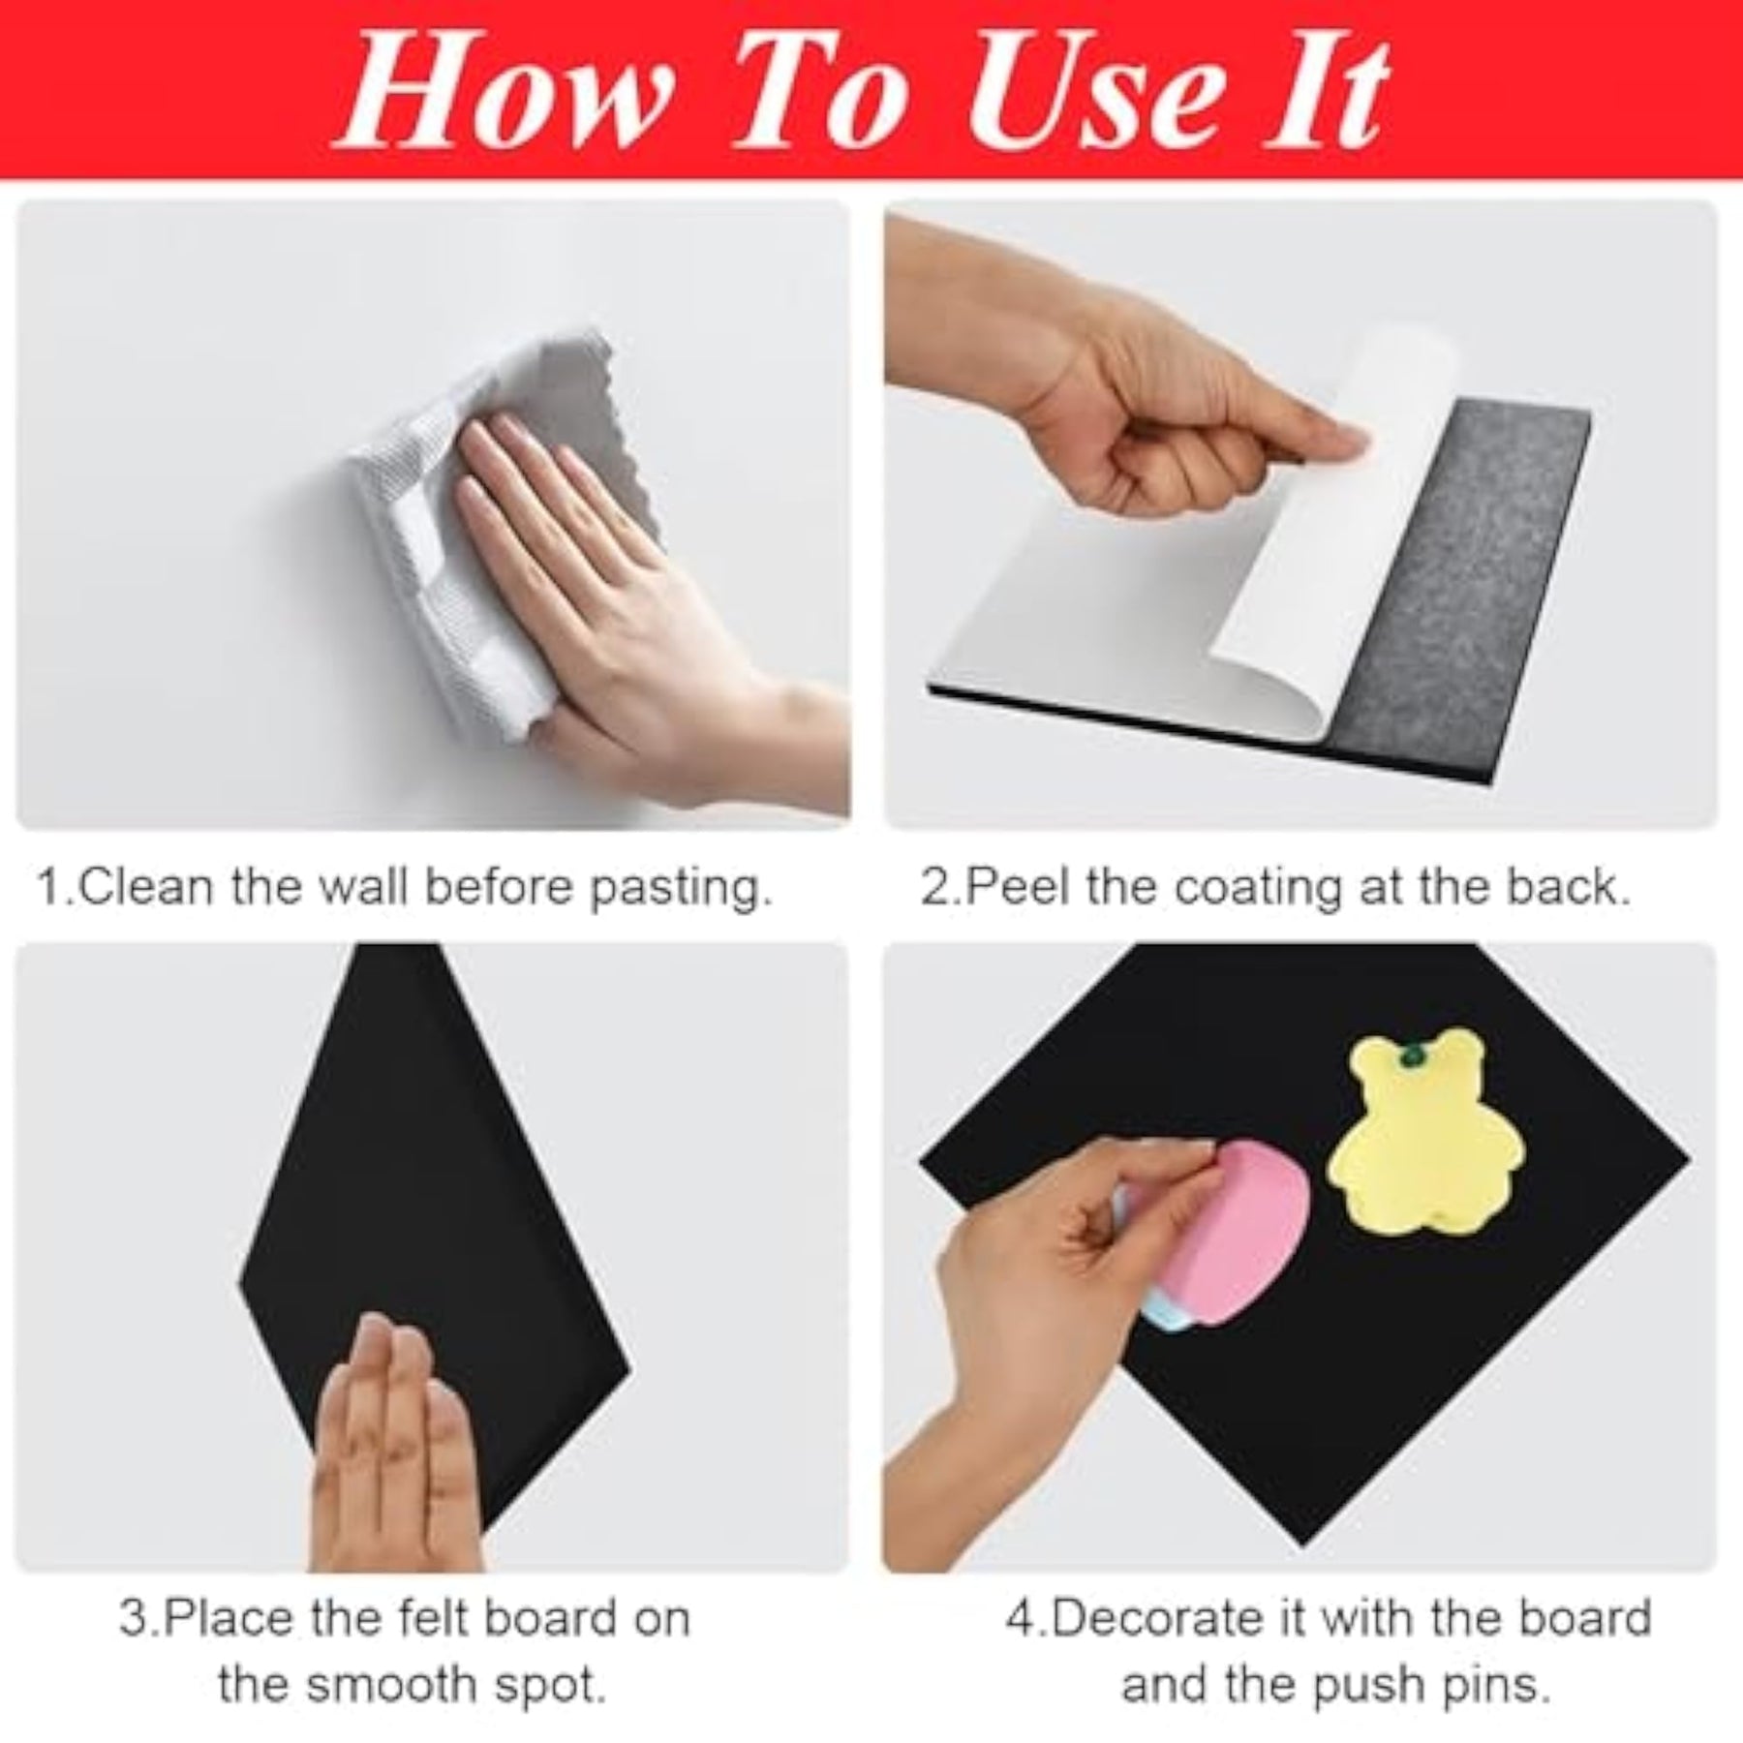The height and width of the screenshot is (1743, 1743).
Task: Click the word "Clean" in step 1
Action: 144,887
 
